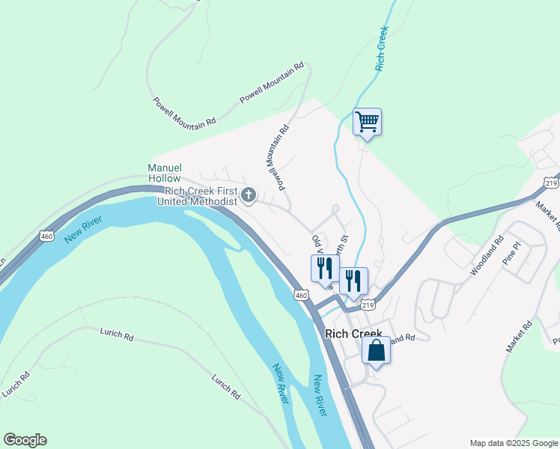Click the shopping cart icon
(x=367, y=121)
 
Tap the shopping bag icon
(x=376, y=349)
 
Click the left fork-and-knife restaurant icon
(x=325, y=268)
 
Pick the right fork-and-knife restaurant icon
(x=353, y=280)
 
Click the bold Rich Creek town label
(x=353, y=334)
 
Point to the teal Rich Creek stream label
(x=383, y=48)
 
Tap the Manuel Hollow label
(x=164, y=173)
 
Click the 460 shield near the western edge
(x=47, y=236)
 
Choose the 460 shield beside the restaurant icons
(x=301, y=296)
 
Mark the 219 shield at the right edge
(x=552, y=183)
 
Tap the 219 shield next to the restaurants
(x=368, y=305)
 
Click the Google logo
(x=25, y=440)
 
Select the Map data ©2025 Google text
(x=514, y=443)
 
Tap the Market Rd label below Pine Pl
(x=518, y=336)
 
